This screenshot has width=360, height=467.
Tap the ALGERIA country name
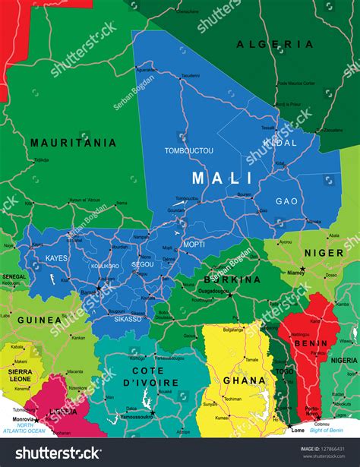275,45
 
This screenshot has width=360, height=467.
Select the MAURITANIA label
73,142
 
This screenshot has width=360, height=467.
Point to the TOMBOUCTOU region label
189,150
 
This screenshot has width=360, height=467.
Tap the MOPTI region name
194,245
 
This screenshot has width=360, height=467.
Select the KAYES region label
56,258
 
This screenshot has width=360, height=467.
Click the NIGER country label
324,253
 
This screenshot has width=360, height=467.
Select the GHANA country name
243,380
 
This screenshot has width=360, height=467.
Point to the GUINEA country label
33,320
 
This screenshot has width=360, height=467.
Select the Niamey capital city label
296,272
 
